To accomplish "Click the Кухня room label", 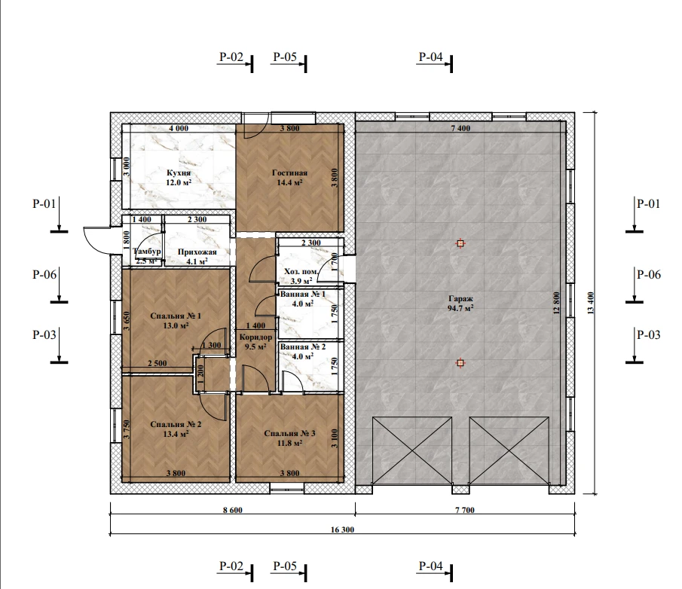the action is point(179,177).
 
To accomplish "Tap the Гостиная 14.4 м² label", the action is point(289,177).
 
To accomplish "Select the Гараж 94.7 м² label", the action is point(460,304).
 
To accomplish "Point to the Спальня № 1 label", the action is point(176,320).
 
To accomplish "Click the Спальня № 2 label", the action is point(176,429).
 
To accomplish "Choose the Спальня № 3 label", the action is point(289,438).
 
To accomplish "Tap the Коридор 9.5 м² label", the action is point(255,342).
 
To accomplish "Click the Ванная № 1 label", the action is point(303,299).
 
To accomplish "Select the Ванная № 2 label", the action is point(303,352).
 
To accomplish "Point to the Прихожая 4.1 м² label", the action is point(197,257).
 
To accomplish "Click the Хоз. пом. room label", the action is point(301,276).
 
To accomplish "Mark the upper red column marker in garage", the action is point(460,243).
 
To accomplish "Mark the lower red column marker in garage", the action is point(460,362).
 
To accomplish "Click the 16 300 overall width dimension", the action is point(342,529).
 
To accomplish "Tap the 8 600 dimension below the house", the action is point(233,510).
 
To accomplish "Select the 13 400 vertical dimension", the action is point(590,303).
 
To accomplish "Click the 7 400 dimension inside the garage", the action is point(460,128).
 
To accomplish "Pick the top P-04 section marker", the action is point(435,61).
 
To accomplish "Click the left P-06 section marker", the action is point(49,285).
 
